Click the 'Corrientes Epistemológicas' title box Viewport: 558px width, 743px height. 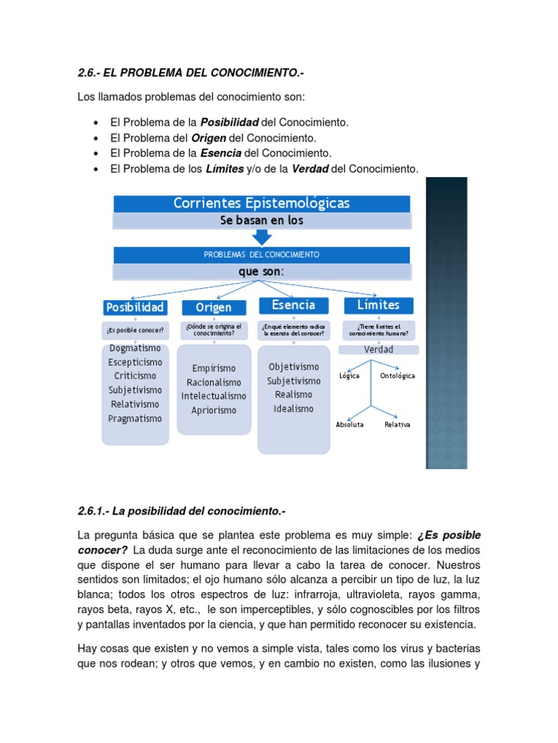[x=262, y=203]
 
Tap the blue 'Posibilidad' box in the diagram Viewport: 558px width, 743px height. [x=135, y=307]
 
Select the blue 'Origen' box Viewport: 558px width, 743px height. [x=213, y=308]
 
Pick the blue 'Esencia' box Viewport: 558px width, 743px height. [x=293, y=305]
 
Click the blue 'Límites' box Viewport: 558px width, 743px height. [x=378, y=305]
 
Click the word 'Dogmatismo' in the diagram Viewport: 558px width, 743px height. [x=135, y=348]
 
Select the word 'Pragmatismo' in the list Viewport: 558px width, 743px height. [x=135, y=419]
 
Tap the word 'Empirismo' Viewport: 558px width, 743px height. [x=214, y=369]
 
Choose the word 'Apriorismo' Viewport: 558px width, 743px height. [x=214, y=411]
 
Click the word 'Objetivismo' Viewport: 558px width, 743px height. [x=294, y=366]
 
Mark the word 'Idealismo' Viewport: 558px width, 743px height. [x=294, y=409]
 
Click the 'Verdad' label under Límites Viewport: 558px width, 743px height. [x=379, y=350]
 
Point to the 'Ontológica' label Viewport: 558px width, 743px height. [x=397, y=376]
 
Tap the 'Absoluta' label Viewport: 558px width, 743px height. [x=349, y=424]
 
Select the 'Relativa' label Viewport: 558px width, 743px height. [x=397, y=424]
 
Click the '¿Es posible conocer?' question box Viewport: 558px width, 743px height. [x=135, y=331]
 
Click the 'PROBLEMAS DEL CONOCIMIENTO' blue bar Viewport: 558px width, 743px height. [x=262, y=255]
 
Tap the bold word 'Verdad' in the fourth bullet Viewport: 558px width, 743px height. [x=310, y=169]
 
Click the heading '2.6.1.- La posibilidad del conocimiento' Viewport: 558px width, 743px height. [x=181, y=512]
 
